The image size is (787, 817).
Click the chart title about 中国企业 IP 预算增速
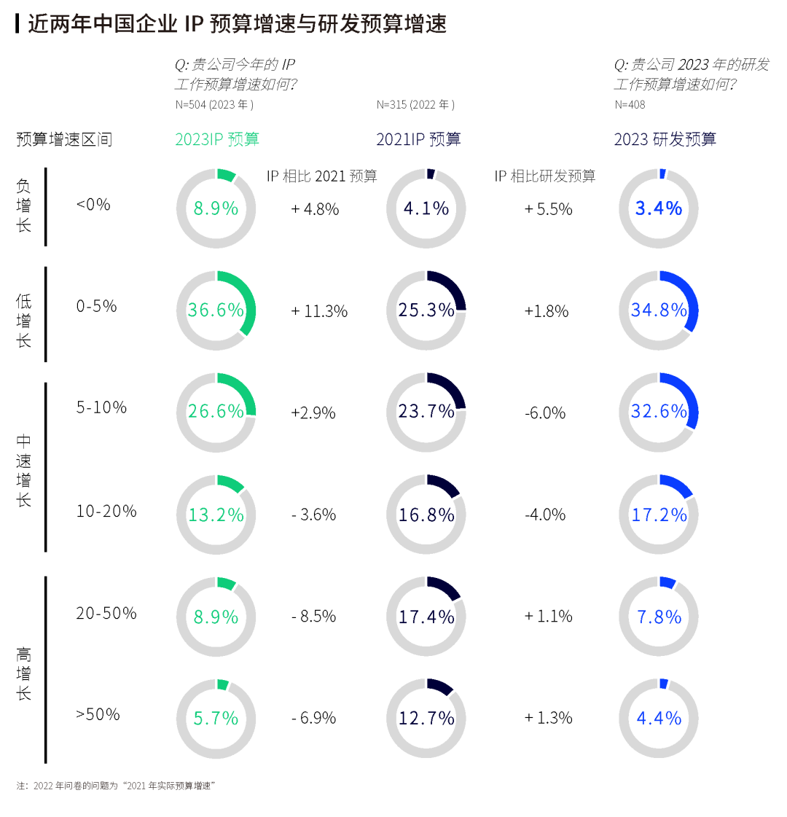pyautogui.click(x=237, y=23)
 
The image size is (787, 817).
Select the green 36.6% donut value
pyautogui.click(x=216, y=310)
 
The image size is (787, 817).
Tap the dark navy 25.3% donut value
pyautogui.click(x=426, y=310)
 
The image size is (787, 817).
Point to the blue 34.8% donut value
pyautogui.click(x=659, y=310)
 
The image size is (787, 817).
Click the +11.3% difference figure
pyautogui.click(x=319, y=311)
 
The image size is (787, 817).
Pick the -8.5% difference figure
pyautogui.click(x=314, y=617)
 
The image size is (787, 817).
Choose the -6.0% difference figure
pyautogui.click(x=545, y=413)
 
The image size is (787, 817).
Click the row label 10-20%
pyautogui.click(x=106, y=511)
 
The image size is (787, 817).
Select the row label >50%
pyautogui.click(x=98, y=714)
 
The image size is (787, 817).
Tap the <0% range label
pyautogui.click(x=93, y=205)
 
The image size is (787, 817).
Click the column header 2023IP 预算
pyautogui.click(x=217, y=139)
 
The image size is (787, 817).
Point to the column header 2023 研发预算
pyautogui.click(x=665, y=139)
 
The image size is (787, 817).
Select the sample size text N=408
pyautogui.click(x=630, y=105)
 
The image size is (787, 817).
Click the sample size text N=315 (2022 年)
pyautogui.click(x=415, y=105)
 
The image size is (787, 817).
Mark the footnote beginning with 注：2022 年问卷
pyautogui.click(x=116, y=786)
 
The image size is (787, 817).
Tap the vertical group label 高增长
pyautogui.click(x=24, y=673)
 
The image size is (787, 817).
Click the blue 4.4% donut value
pyautogui.click(x=659, y=718)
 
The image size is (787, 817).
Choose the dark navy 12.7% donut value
pyautogui.click(x=426, y=718)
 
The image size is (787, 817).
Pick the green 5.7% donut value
pyautogui.click(x=216, y=718)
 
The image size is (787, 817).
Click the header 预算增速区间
pyautogui.click(x=64, y=139)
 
